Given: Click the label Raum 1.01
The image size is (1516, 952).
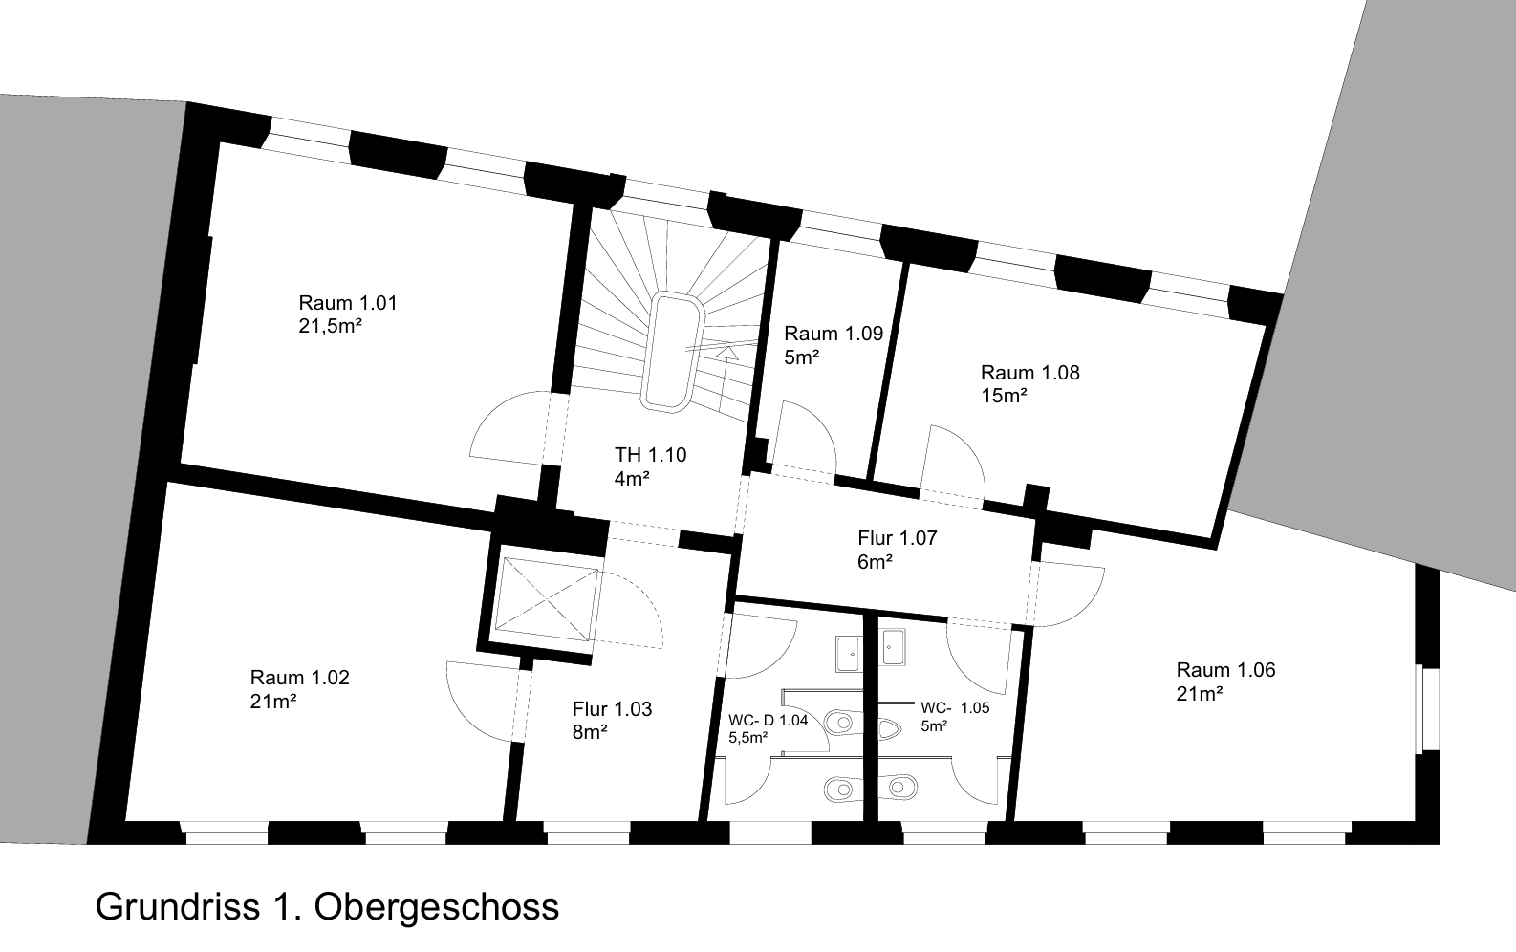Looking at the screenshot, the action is tap(348, 302).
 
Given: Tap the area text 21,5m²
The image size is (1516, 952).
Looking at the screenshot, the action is tap(331, 326).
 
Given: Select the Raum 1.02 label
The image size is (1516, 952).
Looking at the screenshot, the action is tap(300, 678).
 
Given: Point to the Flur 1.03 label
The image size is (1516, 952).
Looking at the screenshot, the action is tap(613, 709).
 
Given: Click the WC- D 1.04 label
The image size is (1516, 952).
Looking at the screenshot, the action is tap(769, 720).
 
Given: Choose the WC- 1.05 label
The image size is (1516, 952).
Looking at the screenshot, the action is tap(955, 707).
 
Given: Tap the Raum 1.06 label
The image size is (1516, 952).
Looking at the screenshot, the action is tap(1225, 670).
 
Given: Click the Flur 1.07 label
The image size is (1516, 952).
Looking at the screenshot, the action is tap(898, 538).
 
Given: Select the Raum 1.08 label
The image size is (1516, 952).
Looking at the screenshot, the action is tap(1030, 372).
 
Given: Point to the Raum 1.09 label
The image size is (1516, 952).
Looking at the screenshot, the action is tap(834, 333).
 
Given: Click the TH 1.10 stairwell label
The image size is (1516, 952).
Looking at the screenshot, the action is tap(650, 455).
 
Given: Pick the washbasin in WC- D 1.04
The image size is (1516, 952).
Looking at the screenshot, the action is tap(848, 654).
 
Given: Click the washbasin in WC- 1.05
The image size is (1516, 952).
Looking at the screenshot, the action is tap(894, 647).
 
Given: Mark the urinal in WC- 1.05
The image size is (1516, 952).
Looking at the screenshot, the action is tap(890, 728).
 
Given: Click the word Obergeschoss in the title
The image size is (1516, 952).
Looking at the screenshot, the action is tap(437, 907).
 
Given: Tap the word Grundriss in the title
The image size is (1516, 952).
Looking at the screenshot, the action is tap(178, 906).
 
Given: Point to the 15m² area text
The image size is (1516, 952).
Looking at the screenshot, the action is tap(1005, 396).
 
